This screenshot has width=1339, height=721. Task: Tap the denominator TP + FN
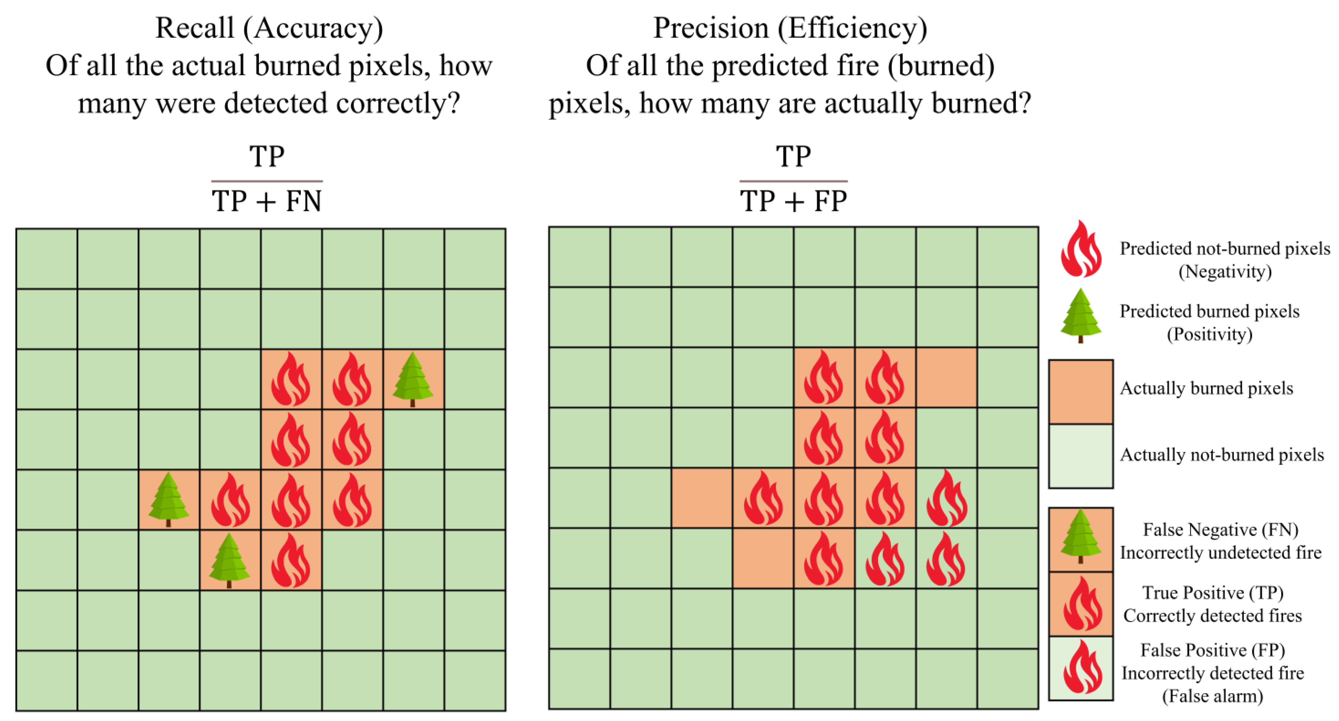pyautogui.click(x=267, y=201)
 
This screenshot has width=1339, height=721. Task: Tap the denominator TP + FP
pyautogui.click(x=793, y=201)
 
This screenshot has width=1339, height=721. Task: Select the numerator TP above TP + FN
pyautogui.click(x=267, y=156)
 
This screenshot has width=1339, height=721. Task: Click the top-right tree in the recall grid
pyautogui.click(x=413, y=379)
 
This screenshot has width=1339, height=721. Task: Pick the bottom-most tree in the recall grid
pyautogui.click(x=229, y=560)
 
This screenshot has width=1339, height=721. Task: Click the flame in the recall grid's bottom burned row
pyautogui.click(x=290, y=560)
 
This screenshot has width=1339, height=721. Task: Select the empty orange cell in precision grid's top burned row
pyautogui.click(x=946, y=378)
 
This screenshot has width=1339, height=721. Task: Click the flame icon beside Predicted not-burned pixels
pyautogui.click(x=1081, y=249)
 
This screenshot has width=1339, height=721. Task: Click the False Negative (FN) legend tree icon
pyautogui.click(x=1081, y=538)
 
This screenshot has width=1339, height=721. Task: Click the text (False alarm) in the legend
pyautogui.click(x=1212, y=696)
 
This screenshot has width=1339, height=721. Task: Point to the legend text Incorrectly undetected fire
pyautogui.click(x=1220, y=553)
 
